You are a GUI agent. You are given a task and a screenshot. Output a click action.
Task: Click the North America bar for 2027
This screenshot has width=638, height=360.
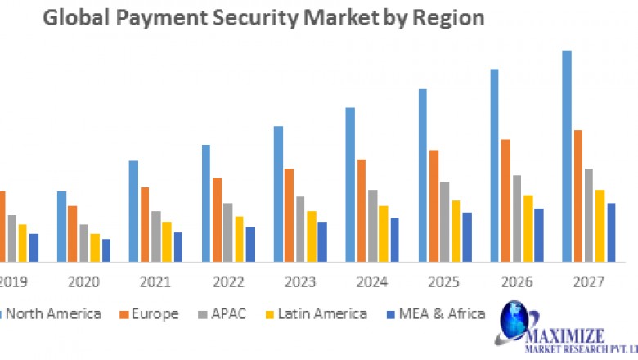[567, 156]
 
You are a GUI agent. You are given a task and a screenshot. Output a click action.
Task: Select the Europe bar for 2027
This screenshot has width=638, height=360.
[578, 196]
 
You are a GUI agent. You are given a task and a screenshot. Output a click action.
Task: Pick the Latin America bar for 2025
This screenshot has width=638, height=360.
[456, 231]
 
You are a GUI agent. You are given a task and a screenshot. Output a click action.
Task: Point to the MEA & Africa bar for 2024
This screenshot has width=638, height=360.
[395, 240]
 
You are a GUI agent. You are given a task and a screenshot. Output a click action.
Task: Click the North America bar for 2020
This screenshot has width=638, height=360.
[61, 227]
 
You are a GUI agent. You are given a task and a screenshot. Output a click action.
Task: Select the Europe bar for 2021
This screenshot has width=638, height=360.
[145, 224]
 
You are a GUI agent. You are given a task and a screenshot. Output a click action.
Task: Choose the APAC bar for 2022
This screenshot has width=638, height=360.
[228, 232]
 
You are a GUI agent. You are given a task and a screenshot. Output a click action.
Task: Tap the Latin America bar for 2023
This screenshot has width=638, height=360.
[312, 236]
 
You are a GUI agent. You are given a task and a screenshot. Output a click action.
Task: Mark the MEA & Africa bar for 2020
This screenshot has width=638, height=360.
[106, 250]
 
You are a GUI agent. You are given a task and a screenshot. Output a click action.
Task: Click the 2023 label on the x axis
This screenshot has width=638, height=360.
[300, 282]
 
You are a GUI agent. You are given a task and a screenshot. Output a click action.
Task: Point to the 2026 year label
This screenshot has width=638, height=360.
[516, 282]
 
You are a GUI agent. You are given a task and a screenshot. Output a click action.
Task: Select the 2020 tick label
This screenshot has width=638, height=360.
[83, 282]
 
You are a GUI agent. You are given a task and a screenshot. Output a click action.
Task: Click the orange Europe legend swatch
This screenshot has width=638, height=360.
[124, 314]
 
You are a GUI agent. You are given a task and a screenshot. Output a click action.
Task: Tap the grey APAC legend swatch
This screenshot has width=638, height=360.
[201, 314]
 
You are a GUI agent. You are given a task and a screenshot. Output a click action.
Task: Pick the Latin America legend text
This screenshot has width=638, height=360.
[322, 314]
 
